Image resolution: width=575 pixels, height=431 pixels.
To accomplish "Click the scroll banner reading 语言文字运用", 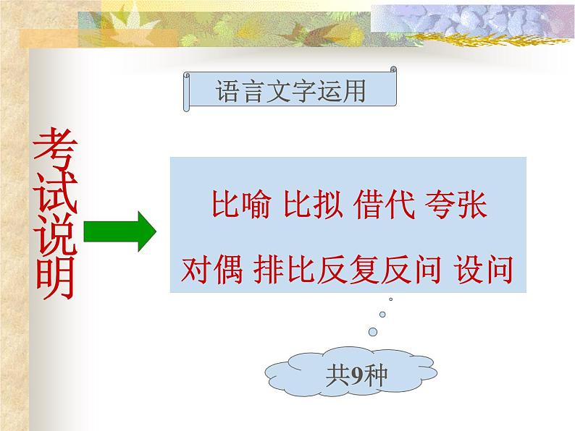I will click(x=290, y=92).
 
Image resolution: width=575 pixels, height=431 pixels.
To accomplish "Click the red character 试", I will click(x=55, y=195).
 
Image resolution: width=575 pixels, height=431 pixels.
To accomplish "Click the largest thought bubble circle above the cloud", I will click(x=373, y=331).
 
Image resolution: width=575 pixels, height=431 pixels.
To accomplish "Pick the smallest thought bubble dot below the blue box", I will click(x=391, y=299).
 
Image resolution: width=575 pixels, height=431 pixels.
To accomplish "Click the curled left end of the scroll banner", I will click(x=188, y=92).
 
